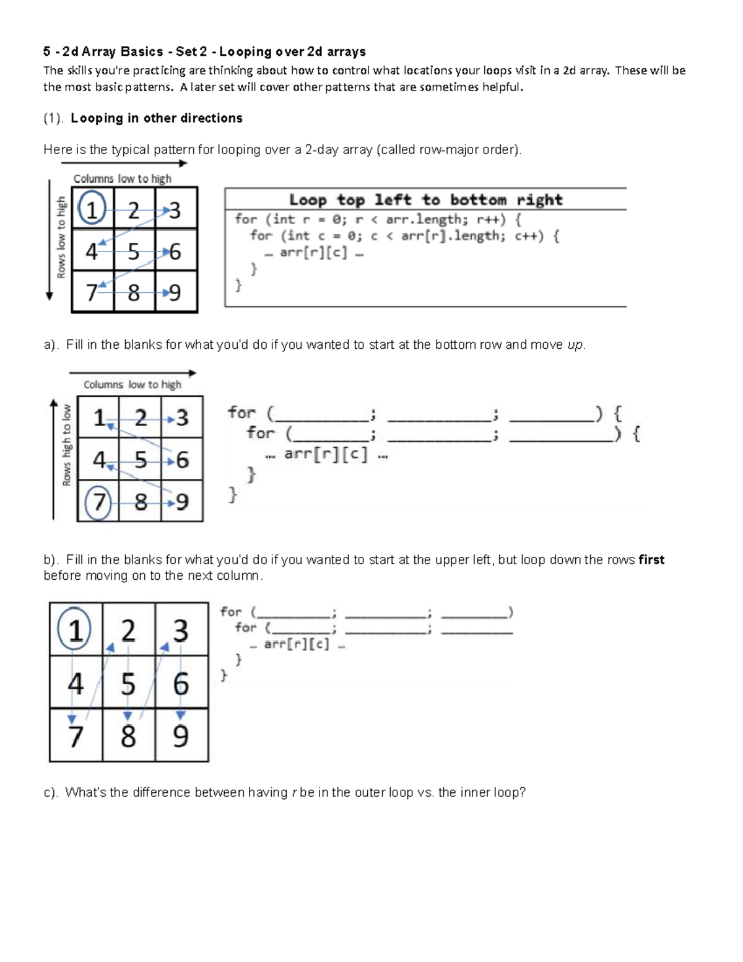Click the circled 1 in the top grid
(92, 208)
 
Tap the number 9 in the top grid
(175, 293)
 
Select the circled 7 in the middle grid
(98, 502)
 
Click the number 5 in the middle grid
(141, 460)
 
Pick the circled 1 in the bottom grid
(74, 629)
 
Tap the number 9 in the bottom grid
(181, 736)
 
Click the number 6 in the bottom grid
(181, 684)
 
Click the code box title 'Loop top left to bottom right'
(426, 200)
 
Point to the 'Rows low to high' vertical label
(61, 238)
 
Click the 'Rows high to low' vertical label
(67, 445)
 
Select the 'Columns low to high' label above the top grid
(122, 179)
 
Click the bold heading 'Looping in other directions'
(157, 118)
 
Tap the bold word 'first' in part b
(651, 559)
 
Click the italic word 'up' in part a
(575, 345)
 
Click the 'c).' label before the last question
(50, 792)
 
